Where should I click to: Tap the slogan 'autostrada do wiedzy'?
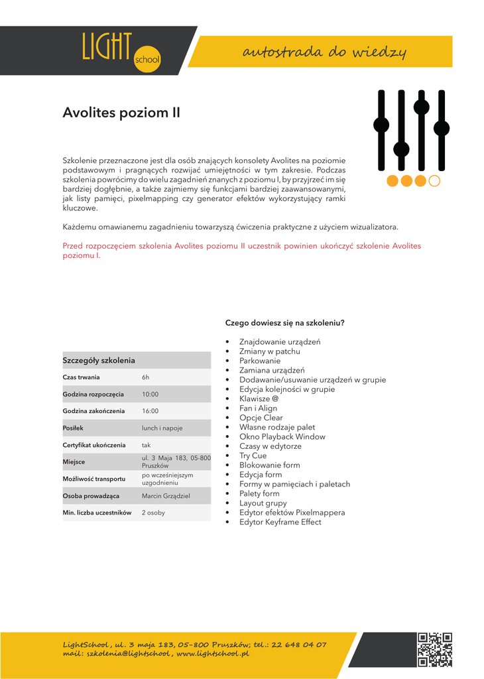324,52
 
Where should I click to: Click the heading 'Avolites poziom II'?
121,113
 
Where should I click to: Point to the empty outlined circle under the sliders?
435,180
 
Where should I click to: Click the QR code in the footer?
435,649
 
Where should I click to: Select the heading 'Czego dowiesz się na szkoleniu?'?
284,323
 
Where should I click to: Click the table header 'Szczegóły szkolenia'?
99,360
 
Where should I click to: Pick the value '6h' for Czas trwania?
146,377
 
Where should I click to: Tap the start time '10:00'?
151,394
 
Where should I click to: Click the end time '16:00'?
151,411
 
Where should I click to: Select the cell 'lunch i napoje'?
162,428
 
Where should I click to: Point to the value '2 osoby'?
153,513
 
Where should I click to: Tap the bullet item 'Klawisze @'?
259,399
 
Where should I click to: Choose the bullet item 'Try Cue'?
253,456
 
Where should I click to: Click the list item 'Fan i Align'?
258,408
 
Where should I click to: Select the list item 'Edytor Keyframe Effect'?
280,522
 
